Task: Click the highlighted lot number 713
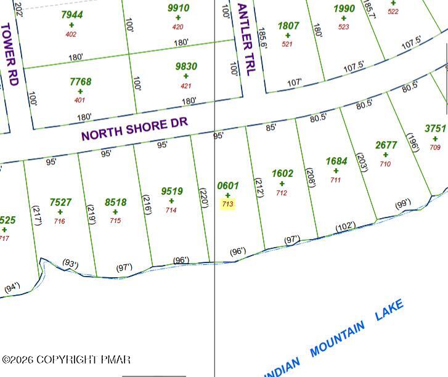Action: click(227, 204)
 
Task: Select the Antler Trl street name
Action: click(245, 39)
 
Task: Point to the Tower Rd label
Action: click(10, 54)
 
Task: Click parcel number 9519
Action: click(171, 192)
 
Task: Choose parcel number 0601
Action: click(227, 185)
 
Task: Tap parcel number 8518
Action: click(115, 202)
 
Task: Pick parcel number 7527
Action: click(60, 202)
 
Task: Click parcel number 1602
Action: click(282, 174)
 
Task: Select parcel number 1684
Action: click(336, 161)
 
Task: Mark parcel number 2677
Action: click(386, 145)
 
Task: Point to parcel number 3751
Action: click(435, 129)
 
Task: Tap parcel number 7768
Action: click(80, 81)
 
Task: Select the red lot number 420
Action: click(178, 27)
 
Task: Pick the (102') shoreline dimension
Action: click(345, 227)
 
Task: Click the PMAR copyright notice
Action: click(66, 360)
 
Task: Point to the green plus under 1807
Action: click(288, 35)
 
